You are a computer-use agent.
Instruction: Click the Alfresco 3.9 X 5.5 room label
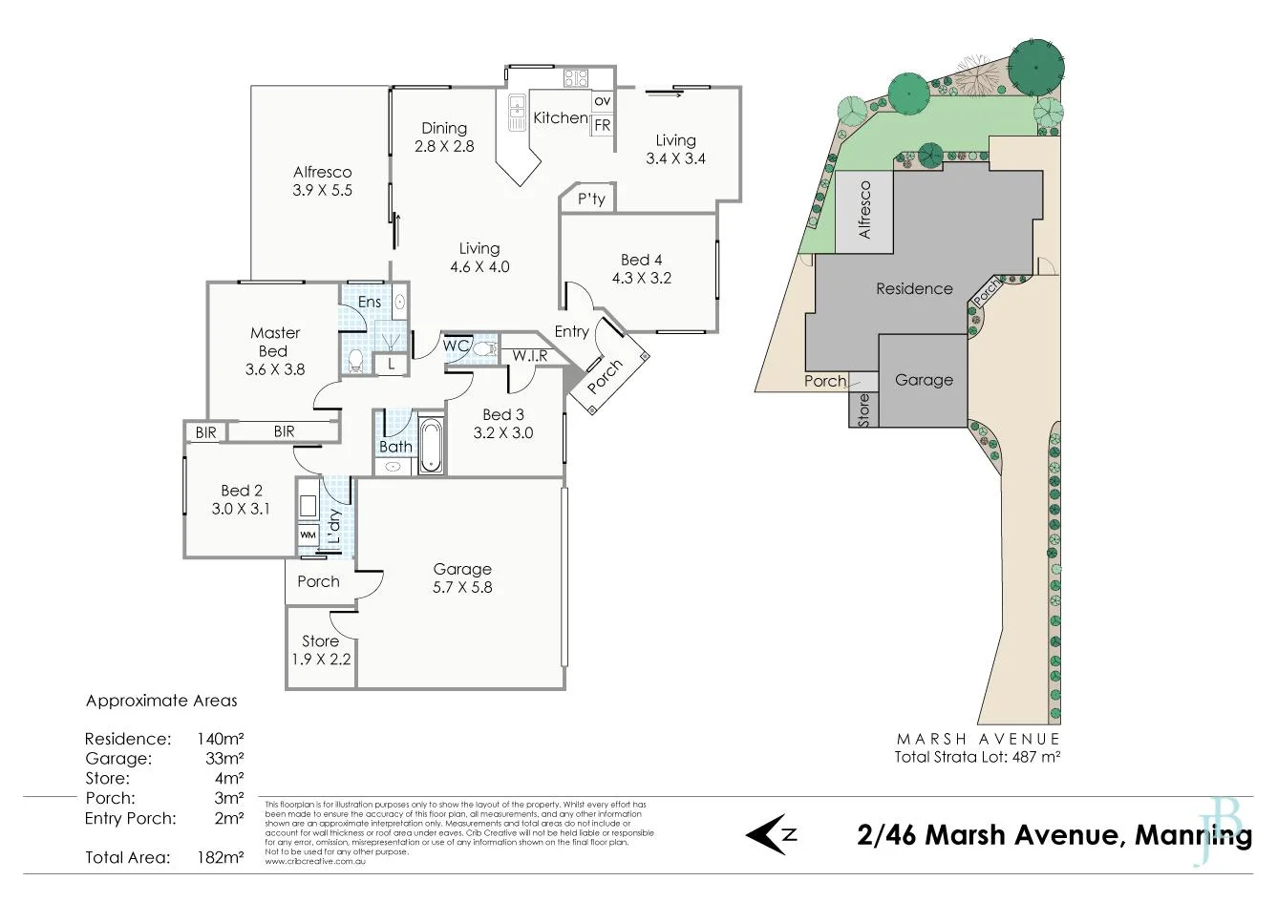[322, 181]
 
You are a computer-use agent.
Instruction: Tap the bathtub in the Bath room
[431, 444]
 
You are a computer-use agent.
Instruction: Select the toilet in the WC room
[482, 348]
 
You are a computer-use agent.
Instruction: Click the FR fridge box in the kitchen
[603, 125]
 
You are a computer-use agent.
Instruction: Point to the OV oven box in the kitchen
[603, 100]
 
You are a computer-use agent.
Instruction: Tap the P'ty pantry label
[591, 199]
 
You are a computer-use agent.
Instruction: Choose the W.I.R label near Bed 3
[529, 356]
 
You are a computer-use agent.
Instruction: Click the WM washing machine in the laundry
[308, 535]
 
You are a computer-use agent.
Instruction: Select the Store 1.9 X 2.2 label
[320, 649]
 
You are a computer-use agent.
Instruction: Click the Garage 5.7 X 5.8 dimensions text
[462, 587]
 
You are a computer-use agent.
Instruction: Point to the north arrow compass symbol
[771, 834]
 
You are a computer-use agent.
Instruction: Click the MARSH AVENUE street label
[977, 739]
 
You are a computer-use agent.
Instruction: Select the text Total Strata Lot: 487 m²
[977, 757]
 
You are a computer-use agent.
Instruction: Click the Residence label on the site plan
[914, 288]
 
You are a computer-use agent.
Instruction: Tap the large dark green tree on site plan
[1035, 62]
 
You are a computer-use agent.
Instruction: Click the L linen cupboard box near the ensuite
[391, 363]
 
